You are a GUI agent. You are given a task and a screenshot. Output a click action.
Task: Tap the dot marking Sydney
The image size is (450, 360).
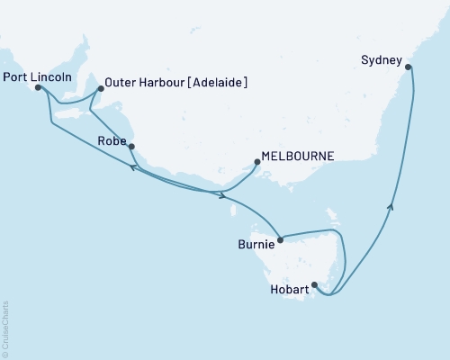point(409,67)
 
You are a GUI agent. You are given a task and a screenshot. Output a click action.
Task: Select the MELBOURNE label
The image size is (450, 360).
point(297,156)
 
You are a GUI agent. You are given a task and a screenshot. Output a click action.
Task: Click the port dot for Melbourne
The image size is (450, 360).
point(257,162)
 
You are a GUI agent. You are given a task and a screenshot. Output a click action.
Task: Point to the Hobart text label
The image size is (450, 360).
point(288,290)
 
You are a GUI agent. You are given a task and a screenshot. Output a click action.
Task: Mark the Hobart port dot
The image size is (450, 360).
point(314,285)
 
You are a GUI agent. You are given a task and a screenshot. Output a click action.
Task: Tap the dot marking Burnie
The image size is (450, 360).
point(281,239)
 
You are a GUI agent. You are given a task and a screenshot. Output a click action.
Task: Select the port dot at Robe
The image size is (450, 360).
point(132,146)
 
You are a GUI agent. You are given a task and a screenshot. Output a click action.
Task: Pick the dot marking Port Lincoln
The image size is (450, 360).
point(38,88)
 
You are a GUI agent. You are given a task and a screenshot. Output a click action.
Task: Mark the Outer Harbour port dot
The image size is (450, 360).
point(100,88)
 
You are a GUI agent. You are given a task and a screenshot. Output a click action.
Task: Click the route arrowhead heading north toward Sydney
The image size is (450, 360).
point(391,207)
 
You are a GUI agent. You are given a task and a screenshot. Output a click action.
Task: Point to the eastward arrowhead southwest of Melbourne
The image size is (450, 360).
point(222,194)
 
